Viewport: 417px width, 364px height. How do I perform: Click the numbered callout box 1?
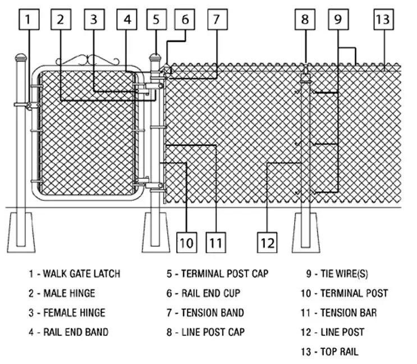point(29,19)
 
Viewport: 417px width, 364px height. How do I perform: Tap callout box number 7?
point(217,19)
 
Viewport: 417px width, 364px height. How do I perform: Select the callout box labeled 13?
point(383,19)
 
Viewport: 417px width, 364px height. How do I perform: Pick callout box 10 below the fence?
point(187,242)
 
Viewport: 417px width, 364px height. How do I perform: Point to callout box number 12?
point(267,242)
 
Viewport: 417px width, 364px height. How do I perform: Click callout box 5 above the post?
point(157,19)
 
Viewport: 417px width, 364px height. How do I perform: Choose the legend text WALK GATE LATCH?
point(81,274)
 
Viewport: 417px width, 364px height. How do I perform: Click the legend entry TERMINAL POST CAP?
point(224,274)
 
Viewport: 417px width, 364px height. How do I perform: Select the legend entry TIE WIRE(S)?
point(344,274)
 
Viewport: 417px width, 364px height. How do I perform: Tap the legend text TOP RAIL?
point(339,352)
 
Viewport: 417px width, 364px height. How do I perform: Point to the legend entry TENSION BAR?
point(349,313)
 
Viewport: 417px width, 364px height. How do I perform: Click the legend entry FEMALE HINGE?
point(74,313)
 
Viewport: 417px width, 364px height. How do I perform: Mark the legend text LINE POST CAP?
point(213,332)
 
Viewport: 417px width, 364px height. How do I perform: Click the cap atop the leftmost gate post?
point(21,57)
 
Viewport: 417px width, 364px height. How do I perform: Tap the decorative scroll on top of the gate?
point(88,60)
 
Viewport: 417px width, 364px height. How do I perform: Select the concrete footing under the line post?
point(306,233)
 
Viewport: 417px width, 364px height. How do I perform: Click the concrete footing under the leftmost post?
point(21,233)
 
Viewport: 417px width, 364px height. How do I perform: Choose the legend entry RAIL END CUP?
point(210,293)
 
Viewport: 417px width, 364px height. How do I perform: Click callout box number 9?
point(338,19)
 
